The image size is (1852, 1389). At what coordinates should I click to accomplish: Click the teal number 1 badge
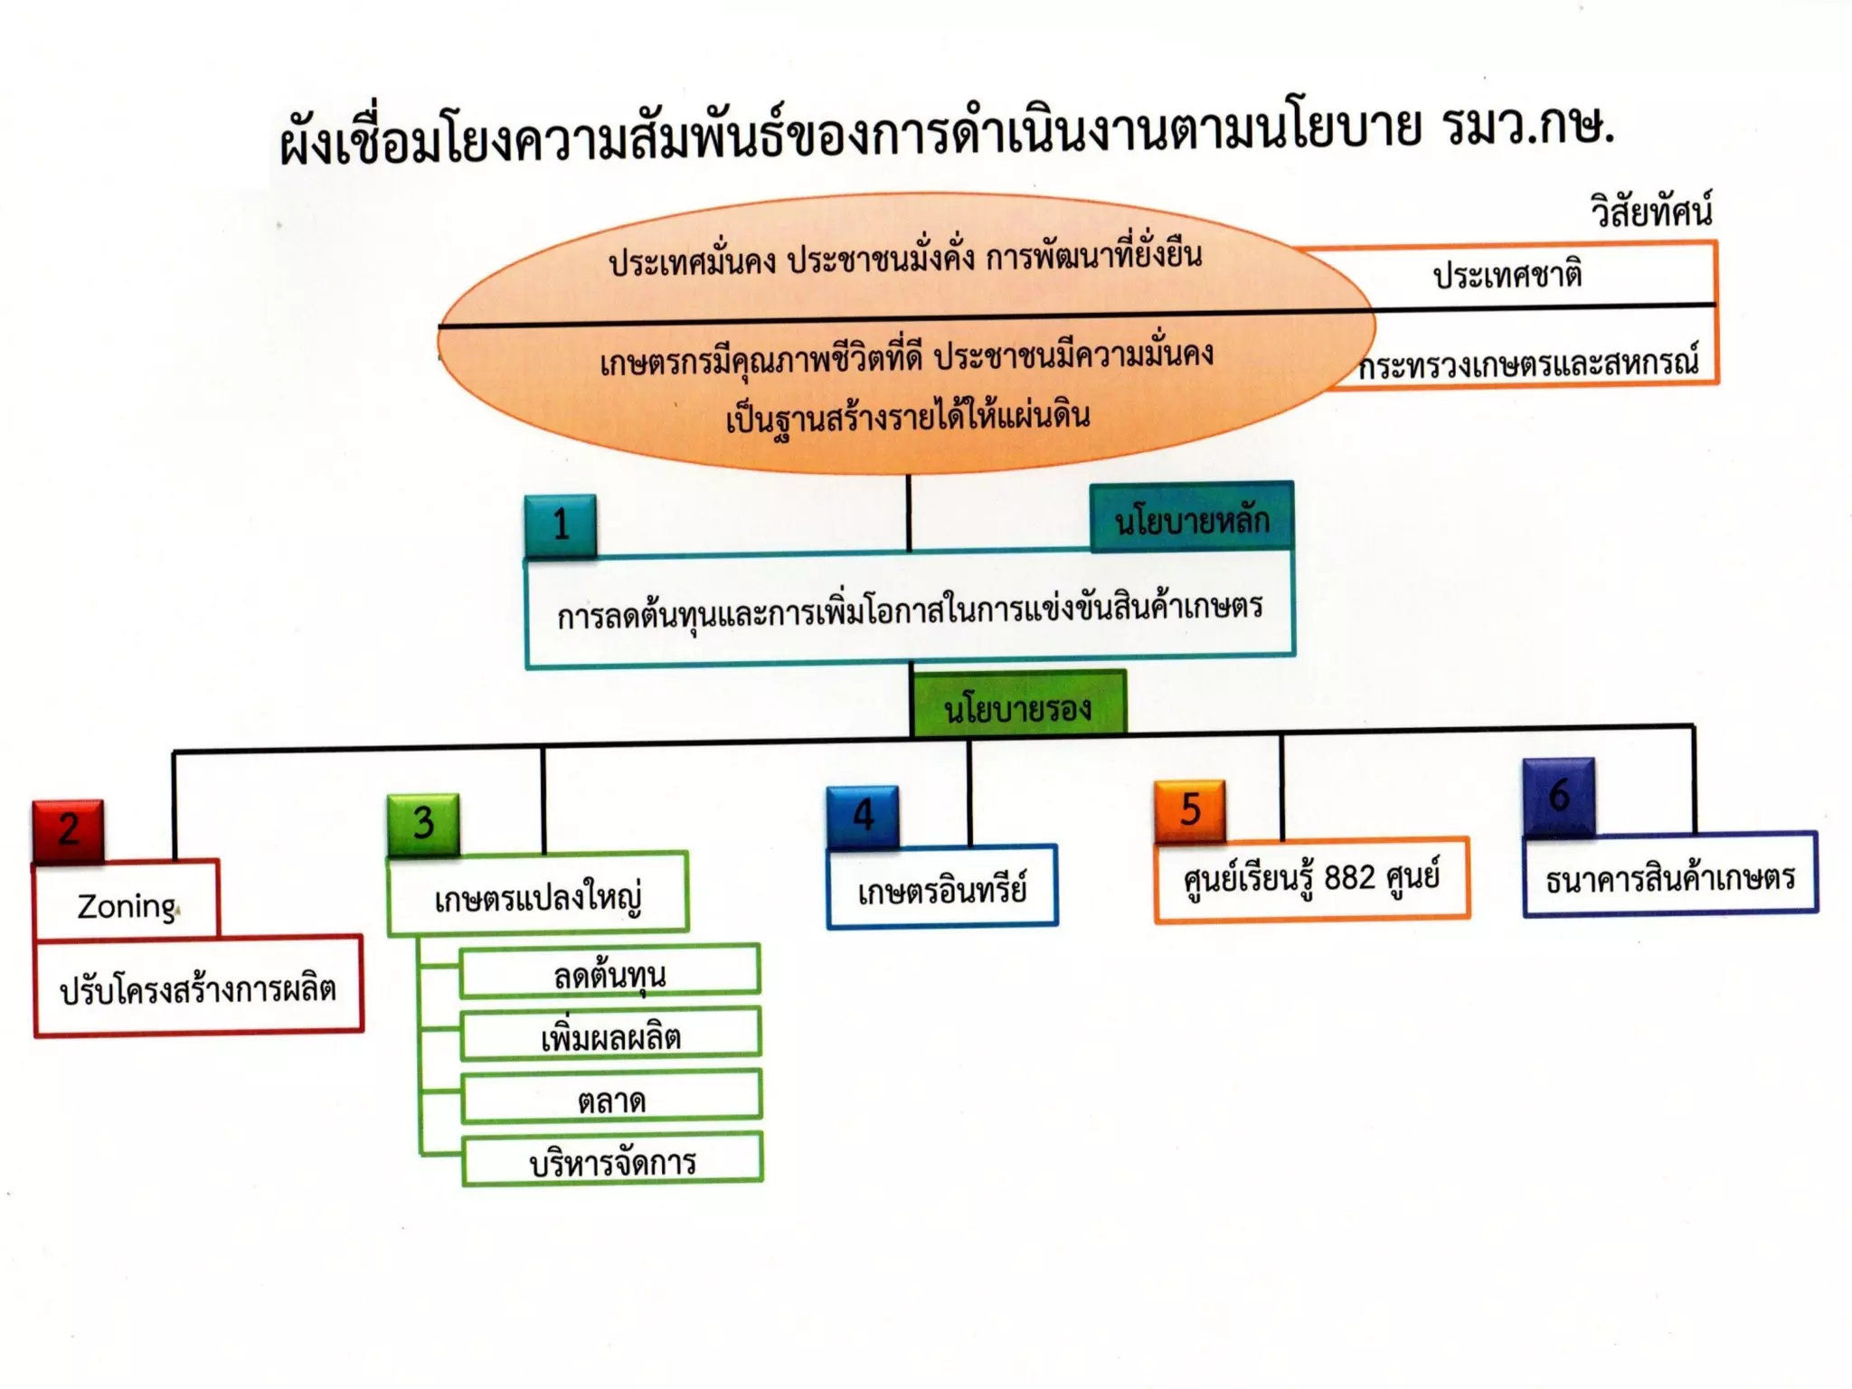click(x=561, y=525)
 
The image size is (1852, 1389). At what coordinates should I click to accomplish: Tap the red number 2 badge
click(x=69, y=830)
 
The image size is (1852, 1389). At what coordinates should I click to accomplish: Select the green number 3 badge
click(x=423, y=824)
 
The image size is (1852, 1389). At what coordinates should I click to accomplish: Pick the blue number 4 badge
click(x=863, y=816)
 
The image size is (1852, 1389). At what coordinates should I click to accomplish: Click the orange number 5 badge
click(x=1190, y=809)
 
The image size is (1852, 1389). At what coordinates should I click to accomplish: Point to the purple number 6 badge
click(x=1558, y=796)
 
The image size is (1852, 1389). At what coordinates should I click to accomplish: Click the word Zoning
click(x=127, y=906)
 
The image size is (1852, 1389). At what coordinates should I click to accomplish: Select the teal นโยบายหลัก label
click(x=1192, y=519)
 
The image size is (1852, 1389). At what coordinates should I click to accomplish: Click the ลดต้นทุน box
click(x=610, y=973)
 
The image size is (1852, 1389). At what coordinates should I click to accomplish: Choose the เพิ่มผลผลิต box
click(x=610, y=1035)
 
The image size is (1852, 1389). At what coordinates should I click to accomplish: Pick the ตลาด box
click(x=611, y=1099)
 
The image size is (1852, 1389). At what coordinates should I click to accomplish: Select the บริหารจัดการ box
click(x=612, y=1161)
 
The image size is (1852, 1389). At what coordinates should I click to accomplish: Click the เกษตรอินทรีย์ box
click(x=942, y=890)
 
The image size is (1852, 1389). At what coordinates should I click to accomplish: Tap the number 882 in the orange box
click(x=1349, y=877)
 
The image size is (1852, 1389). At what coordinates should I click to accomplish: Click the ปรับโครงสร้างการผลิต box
click(x=198, y=987)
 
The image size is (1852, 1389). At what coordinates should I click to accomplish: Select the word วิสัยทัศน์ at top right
click(x=1651, y=212)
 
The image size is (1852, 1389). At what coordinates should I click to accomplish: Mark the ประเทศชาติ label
click(x=1507, y=274)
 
